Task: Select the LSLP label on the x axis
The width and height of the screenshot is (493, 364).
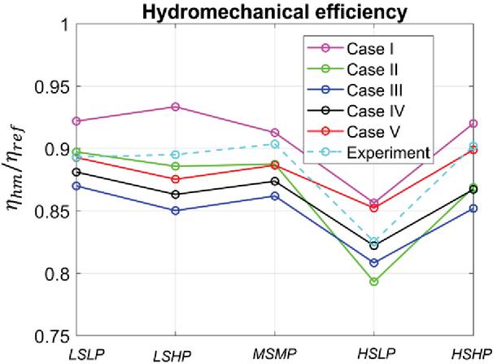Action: (x=78, y=352)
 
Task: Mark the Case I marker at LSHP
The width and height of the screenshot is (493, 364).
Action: (x=176, y=107)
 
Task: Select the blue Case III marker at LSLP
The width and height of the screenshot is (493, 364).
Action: (x=76, y=186)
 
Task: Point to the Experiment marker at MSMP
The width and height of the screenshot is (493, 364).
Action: (x=275, y=144)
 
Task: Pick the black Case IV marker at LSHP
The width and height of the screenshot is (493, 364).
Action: (x=176, y=194)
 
